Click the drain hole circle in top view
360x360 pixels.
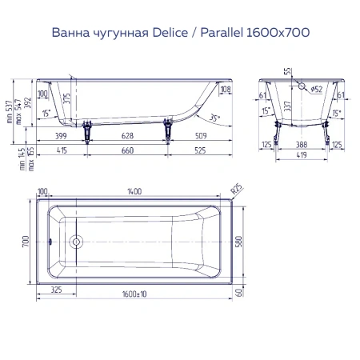pyautogui.click(x=76, y=241)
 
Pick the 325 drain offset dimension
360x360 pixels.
pyautogui.click(x=55, y=290)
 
